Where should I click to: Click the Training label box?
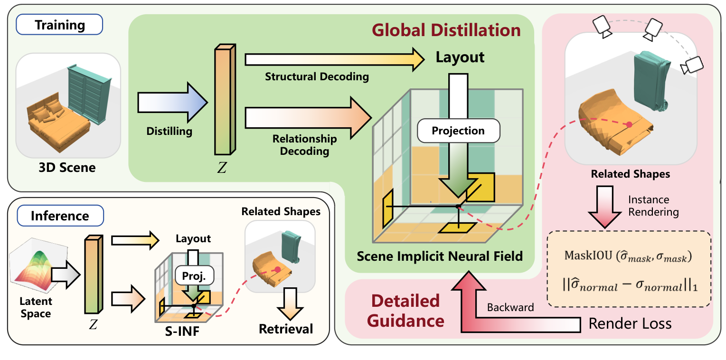pos(59,25)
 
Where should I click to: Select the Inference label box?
pos(59,216)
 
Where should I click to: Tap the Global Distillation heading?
pos(446,30)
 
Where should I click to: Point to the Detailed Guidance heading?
pos(405,311)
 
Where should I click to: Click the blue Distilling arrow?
pos(172,103)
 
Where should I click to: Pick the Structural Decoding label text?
pos(317,76)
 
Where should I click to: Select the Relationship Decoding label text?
pos(304,145)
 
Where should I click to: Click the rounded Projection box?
pos(458,131)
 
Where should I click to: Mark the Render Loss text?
pos(630,324)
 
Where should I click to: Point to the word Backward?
pos(510,307)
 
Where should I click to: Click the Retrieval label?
pos(286,329)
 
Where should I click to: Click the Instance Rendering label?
pos(653,206)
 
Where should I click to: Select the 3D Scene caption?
pos(67,167)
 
